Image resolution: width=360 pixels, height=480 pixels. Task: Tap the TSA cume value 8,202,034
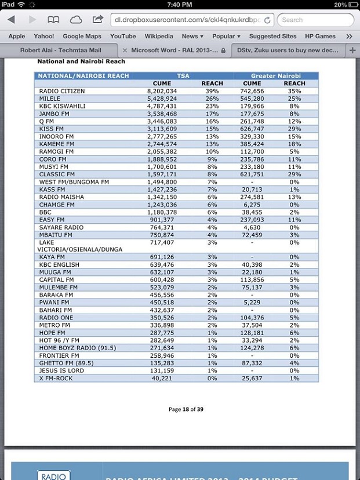point(162,91)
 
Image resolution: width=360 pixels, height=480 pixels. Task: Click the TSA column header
point(183,76)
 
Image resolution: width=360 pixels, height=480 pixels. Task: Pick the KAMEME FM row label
point(56,144)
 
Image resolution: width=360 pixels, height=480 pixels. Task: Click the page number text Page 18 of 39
point(186,409)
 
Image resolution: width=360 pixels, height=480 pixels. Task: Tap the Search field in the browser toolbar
point(315,20)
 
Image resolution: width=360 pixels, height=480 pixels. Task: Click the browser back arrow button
point(11,20)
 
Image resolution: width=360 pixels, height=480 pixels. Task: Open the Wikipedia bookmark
point(159,36)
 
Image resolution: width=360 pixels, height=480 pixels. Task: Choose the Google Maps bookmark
point(82,36)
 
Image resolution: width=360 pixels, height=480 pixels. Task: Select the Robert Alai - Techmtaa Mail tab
point(60,50)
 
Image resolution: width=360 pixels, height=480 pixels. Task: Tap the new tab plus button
point(352,50)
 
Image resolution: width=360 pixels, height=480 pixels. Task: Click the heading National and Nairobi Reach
point(81,61)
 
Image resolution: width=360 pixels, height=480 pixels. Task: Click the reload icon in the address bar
point(268,20)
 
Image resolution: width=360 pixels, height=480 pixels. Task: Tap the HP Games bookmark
point(320,36)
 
